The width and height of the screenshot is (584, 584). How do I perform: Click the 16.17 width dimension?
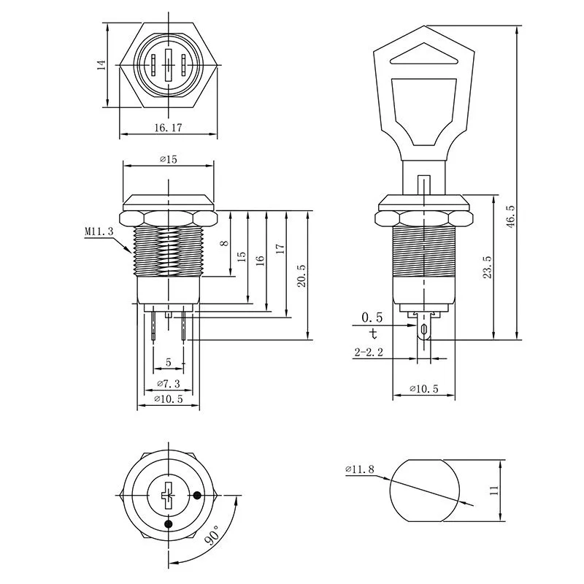click(x=168, y=128)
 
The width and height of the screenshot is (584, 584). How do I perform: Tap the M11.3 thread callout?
click(x=99, y=231)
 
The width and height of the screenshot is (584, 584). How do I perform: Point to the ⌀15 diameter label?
click(x=169, y=159)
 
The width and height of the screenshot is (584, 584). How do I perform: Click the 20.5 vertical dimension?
click(x=301, y=276)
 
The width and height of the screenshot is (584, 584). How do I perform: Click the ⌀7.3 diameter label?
click(x=169, y=384)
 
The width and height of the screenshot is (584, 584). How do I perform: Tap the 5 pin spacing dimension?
click(x=169, y=362)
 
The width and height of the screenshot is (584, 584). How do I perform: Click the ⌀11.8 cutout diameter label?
click(x=360, y=469)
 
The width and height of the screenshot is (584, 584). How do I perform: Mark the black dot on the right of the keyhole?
click(x=197, y=496)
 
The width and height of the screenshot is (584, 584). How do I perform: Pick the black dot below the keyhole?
click(x=169, y=523)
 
